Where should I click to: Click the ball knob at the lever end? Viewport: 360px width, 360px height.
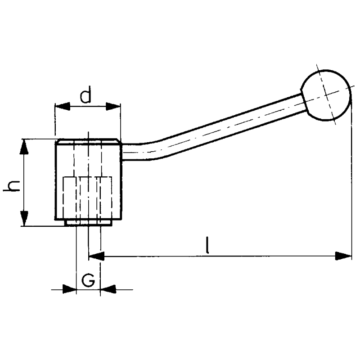click(x=325, y=95)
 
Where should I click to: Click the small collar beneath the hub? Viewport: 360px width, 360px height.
click(x=88, y=223)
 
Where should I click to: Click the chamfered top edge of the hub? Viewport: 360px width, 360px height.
click(x=88, y=141)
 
